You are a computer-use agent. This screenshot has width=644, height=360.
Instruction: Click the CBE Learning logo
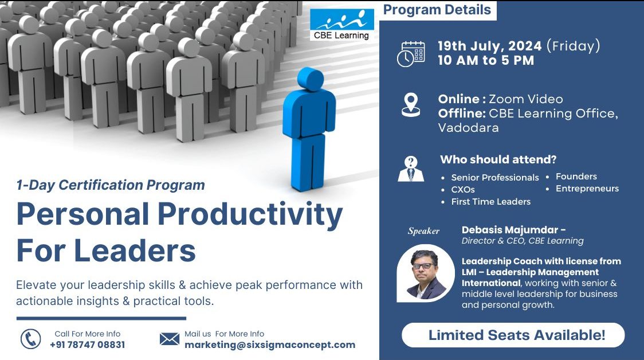(342, 25)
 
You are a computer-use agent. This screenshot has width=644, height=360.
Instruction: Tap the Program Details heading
(437, 10)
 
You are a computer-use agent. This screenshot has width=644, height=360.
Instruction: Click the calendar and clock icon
(411, 54)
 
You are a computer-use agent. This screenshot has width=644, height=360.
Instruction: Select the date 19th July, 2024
(490, 46)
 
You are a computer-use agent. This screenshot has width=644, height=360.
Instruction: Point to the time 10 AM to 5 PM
(485, 60)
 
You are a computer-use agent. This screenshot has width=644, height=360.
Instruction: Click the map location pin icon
(411, 105)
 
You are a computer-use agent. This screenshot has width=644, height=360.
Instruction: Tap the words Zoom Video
(525, 99)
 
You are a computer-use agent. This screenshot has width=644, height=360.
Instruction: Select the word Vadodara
(468, 128)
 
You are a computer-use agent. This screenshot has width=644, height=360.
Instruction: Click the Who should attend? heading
(498, 160)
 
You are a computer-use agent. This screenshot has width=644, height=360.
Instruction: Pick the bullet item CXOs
(463, 190)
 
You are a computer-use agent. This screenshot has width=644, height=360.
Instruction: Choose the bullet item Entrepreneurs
(587, 189)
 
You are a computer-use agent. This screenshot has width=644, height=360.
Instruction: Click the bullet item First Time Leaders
(490, 202)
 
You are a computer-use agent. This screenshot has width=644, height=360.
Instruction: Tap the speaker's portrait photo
(425, 273)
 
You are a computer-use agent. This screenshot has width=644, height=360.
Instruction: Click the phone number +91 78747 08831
(87, 345)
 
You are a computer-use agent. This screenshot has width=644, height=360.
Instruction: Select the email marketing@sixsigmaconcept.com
(269, 345)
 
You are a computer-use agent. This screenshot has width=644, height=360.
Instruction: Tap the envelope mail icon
(170, 339)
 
